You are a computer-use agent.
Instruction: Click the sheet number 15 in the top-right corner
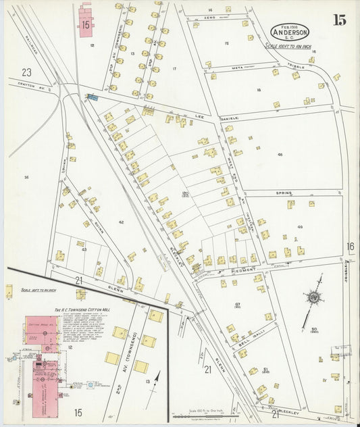click(339, 20)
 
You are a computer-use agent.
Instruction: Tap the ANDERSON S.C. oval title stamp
click(290, 32)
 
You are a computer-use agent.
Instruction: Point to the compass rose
click(313, 297)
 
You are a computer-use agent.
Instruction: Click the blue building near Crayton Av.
click(93, 97)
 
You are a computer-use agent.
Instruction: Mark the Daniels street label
click(230, 118)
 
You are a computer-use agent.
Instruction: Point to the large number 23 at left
click(26, 72)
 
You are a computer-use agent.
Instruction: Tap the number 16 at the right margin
click(350, 247)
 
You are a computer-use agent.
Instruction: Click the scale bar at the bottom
click(203, 416)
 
